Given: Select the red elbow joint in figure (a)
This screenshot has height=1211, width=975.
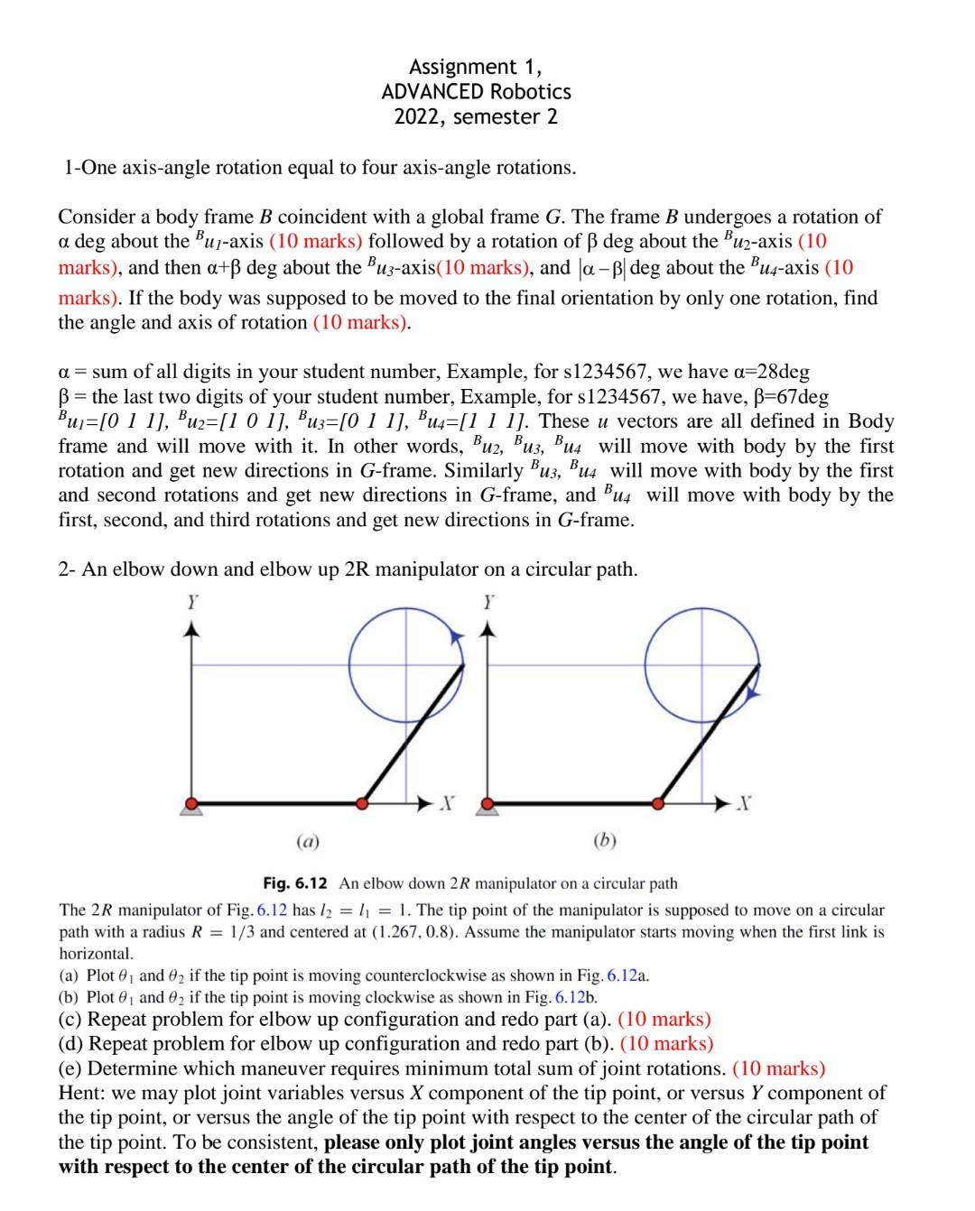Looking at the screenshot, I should pyautogui.click(x=363, y=802).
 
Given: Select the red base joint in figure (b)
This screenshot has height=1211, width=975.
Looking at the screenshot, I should pyautogui.click(x=488, y=802).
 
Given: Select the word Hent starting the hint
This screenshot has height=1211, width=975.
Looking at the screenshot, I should pyautogui.click(x=79, y=1094).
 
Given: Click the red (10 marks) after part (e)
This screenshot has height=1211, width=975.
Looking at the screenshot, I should pyautogui.click(x=778, y=1069).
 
